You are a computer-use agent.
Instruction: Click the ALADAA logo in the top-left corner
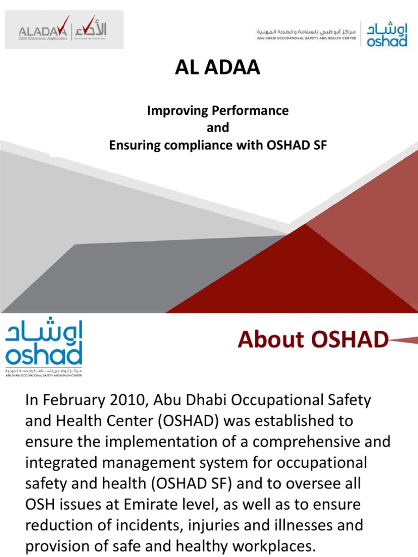pos(64,29)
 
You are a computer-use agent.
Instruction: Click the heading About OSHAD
pos(313,340)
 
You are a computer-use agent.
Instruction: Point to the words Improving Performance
pos(218,110)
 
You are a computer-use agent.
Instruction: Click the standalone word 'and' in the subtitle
pos(218,128)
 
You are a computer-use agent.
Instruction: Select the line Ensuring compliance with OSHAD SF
pos(218,145)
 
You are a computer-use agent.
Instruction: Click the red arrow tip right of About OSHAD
pos(405,341)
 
